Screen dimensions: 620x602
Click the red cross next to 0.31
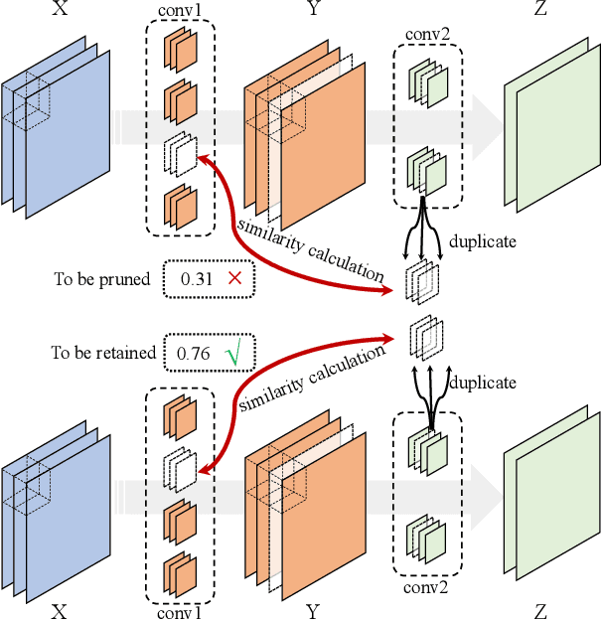pos(234,279)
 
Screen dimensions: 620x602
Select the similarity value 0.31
pos(197,279)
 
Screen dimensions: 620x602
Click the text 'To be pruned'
pos(101,279)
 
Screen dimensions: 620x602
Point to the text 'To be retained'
pos(104,353)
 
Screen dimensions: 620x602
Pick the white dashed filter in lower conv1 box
pos(180,467)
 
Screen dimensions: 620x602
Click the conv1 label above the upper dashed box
pos(179,12)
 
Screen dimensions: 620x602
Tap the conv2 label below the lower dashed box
pos(426,587)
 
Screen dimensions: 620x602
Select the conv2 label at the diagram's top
pos(426,34)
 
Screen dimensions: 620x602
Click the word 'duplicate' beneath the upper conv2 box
pos(482,240)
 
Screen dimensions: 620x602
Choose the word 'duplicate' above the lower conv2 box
pos(482,383)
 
